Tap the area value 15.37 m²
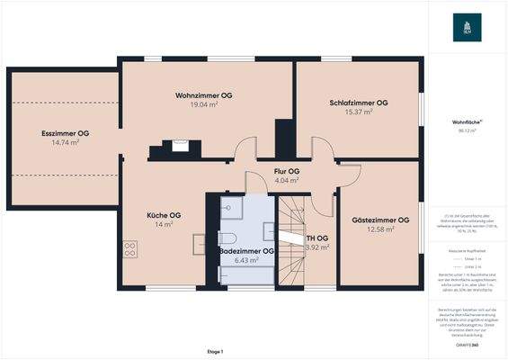pyautogui.click(x=357, y=112)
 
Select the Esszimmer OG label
pyautogui.click(x=65, y=133)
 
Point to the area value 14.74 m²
pyautogui.click(x=65, y=142)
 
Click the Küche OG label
pyautogui.click(x=164, y=215)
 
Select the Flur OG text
pyautogui.click(x=287, y=171)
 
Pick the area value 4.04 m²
pyautogui.click(x=287, y=180)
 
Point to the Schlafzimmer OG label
pyautogui.click(x=358, y=103)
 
